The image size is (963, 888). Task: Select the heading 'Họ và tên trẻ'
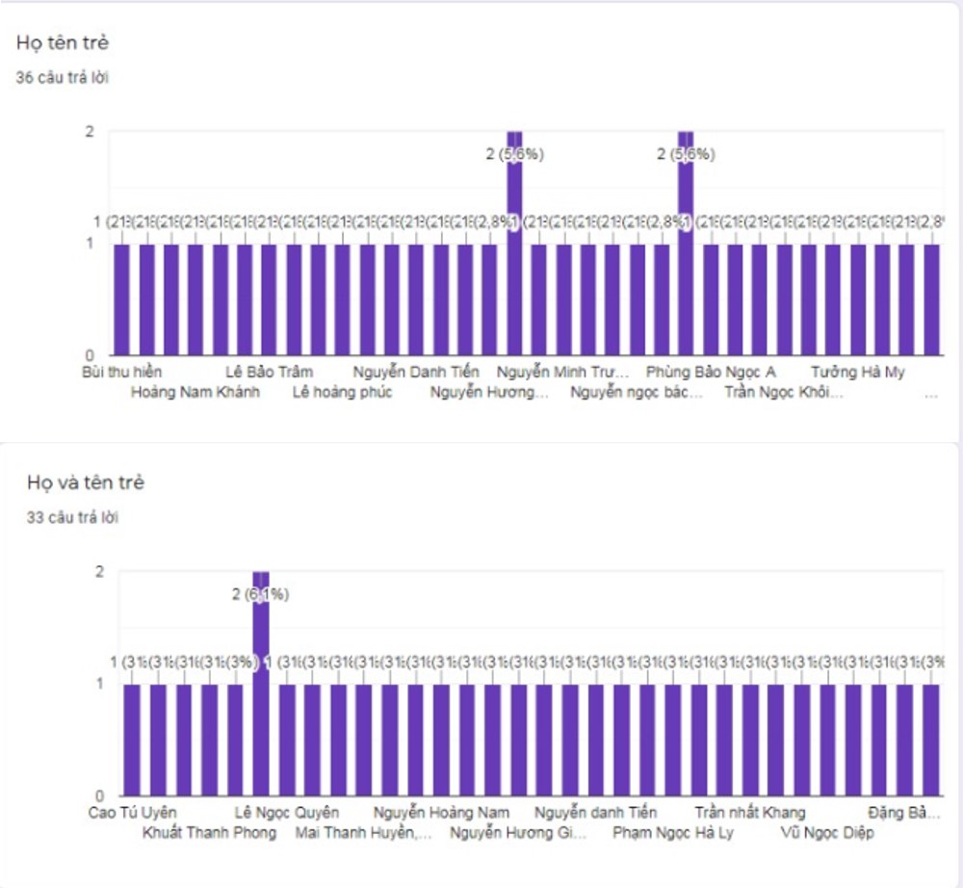86,483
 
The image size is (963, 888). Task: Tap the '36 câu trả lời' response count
62,78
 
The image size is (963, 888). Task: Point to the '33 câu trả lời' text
72,517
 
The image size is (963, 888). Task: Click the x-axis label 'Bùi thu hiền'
122,372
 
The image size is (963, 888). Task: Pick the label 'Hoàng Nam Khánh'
195,392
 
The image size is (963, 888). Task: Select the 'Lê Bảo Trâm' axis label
270,372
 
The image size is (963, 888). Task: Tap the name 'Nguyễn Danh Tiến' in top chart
415,372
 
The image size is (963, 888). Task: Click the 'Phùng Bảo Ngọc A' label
711,372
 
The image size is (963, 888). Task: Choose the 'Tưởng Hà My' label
857,372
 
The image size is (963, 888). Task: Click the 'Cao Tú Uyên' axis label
132,813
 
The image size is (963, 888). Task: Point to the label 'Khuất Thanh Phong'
209,833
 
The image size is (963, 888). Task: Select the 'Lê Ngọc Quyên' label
287,813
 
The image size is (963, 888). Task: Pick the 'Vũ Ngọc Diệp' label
827,833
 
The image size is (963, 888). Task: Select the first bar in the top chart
121,299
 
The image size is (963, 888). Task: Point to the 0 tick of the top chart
89,354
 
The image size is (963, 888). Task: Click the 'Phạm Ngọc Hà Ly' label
673,833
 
